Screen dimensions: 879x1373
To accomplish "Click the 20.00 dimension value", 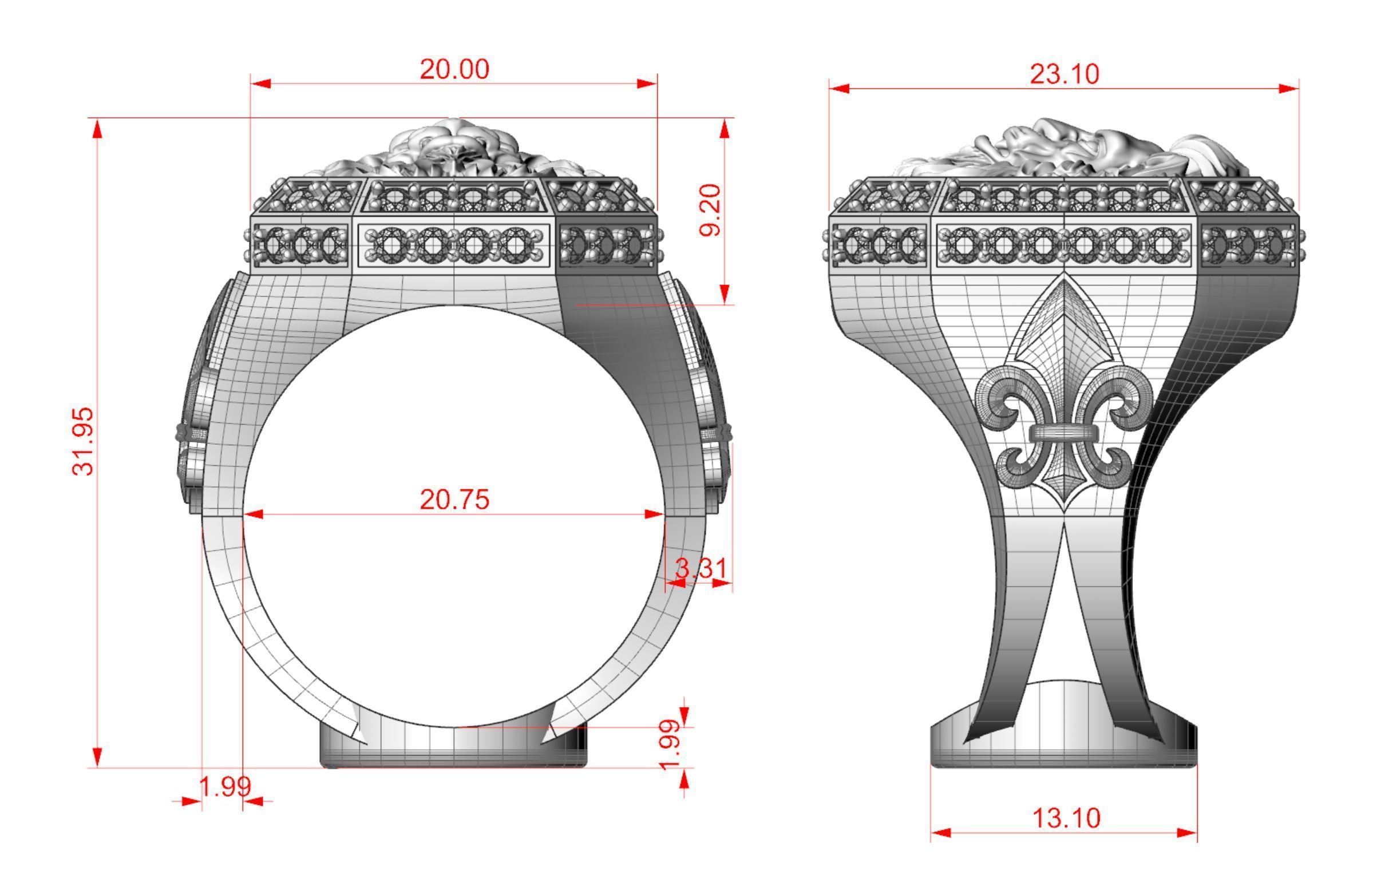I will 454,70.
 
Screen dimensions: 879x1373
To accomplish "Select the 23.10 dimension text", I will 1065,74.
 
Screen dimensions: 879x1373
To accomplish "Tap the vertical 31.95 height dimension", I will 83,441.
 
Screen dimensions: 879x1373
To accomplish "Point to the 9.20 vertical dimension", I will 710,210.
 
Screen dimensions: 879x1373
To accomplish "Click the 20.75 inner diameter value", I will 454,500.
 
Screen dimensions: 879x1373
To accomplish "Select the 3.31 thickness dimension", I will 701,569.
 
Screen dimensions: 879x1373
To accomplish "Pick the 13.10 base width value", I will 1066,818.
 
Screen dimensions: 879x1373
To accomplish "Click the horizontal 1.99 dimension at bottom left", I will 224,787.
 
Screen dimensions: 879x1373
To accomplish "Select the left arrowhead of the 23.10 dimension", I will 839,88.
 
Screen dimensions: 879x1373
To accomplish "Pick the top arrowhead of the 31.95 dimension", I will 97,129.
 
